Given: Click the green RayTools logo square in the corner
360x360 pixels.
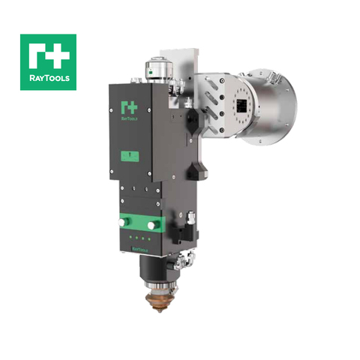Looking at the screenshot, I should (x=48, y=61).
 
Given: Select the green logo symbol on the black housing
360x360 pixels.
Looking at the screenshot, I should (x=126, y=108).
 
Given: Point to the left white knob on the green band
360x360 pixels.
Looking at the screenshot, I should (x=125, y=222).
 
